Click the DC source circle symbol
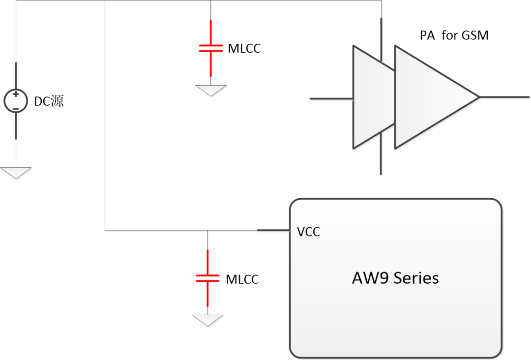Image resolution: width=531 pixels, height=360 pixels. tap(16, 101)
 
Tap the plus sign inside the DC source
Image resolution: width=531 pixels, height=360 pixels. tap(16, 94)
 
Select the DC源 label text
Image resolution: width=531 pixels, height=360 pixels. tap(49, 102)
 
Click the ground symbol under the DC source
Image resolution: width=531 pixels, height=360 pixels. tap(16, 173)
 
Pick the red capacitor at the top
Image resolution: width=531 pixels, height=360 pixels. tap(211, 48)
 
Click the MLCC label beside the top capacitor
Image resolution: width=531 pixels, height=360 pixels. tap(244, 48)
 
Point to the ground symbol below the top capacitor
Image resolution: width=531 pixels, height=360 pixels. tap(211, 90)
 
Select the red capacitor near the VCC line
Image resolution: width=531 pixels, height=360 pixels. tap(207, 278)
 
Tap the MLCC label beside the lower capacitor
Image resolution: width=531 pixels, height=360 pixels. tap(242, 279)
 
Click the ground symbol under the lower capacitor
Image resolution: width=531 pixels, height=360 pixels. tap(207, 320)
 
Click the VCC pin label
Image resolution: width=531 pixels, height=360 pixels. tap(309, 232)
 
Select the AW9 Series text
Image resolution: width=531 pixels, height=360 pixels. tap(395, 278)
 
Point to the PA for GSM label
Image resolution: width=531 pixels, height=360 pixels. tap(454, 36)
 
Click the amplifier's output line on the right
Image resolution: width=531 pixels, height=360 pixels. tap(504, 97)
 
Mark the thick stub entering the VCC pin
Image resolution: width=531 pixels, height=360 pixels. tap(273, 230)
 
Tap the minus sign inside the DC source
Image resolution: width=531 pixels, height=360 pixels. tap(16, 108)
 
